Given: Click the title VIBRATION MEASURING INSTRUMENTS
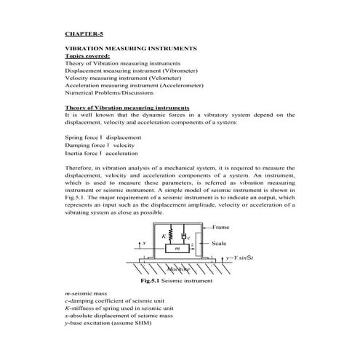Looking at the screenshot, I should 130,48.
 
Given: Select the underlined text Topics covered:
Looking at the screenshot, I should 87,55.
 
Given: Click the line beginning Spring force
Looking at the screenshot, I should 103,137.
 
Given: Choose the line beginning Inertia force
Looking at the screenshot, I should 101,154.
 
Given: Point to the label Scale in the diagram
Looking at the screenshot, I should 219,244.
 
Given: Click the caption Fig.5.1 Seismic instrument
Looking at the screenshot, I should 177,280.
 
